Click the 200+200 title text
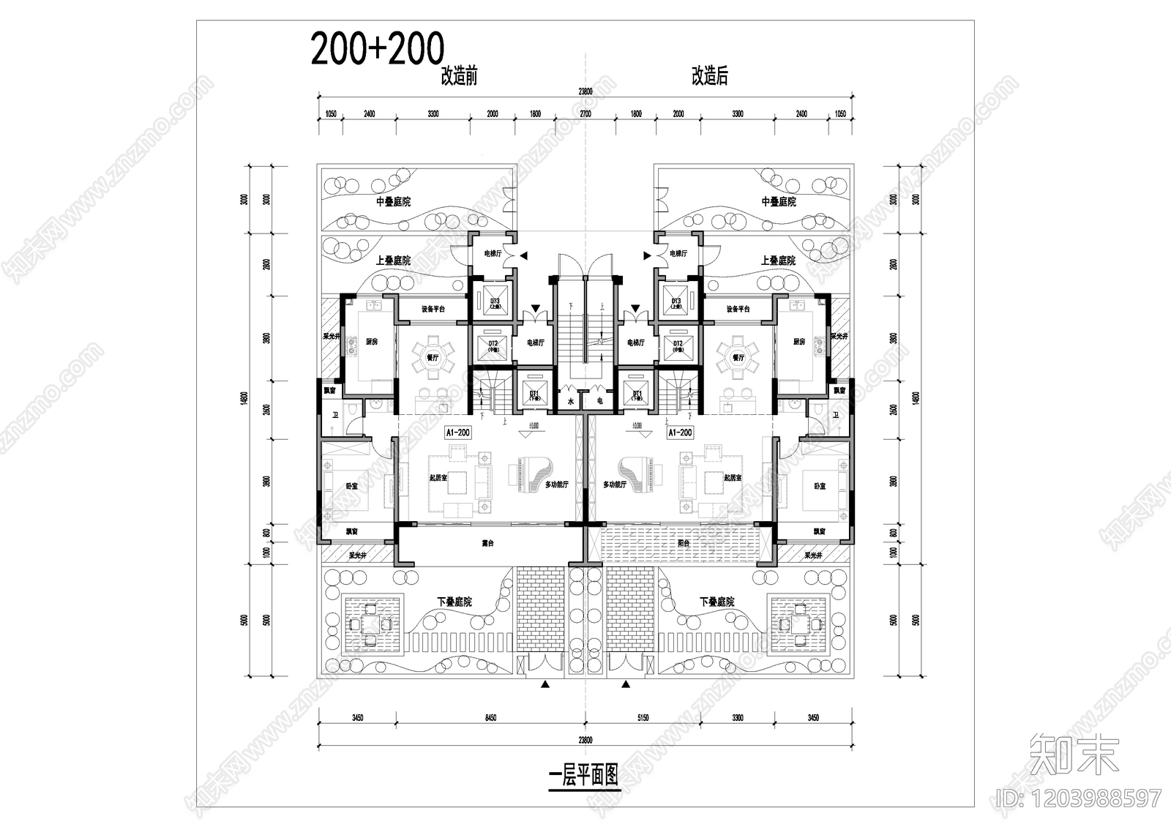coord(378,49)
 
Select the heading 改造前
coord(459,76)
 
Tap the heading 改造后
coord(709,76)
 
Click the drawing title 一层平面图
coord(583,774)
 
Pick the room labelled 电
coord(599,401)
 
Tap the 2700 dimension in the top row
coord(585,114)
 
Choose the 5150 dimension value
coord(643,718)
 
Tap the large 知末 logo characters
coord(1074,753)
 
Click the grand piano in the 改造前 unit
coord(534,474)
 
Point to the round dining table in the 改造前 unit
coord(431,357)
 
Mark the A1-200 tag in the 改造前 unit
coord(457,433)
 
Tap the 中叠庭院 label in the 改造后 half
coord(778,202)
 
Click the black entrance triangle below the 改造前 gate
coord(545,684)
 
